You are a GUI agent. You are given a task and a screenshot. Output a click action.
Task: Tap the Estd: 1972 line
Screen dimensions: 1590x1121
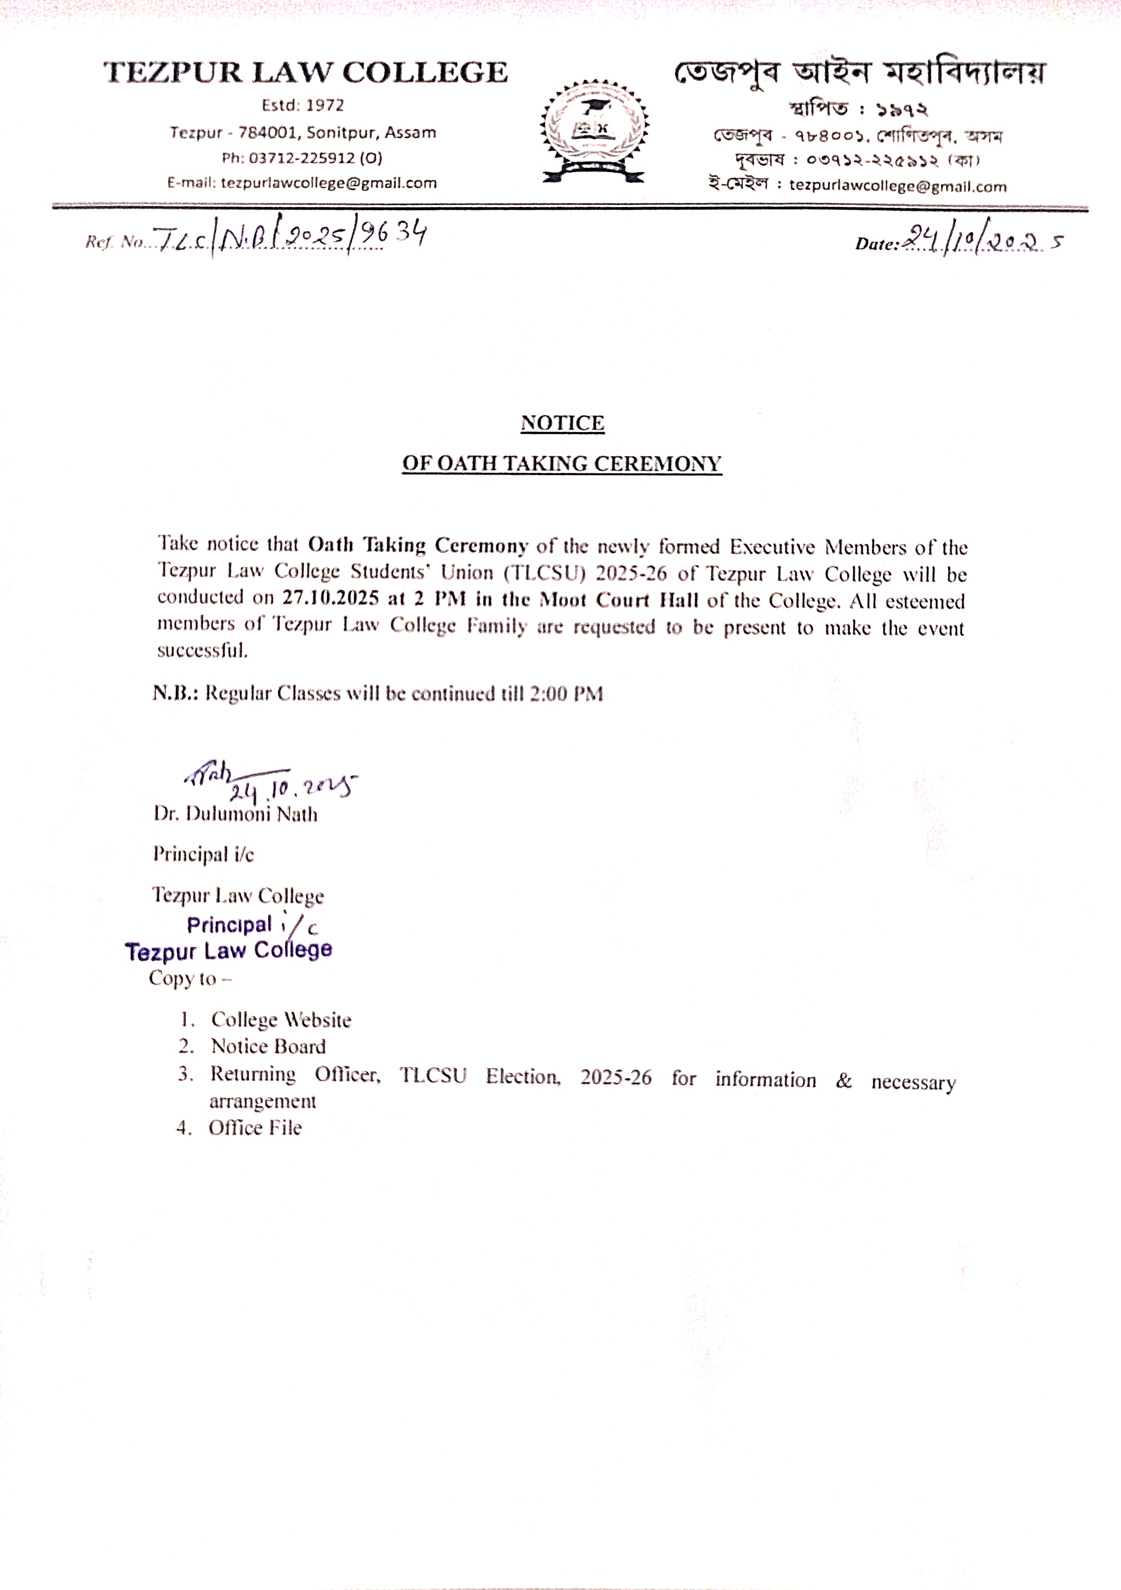click(x=303, y=105)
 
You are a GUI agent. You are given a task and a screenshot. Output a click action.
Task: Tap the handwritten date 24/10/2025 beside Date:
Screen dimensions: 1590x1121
click(x=983, y=241)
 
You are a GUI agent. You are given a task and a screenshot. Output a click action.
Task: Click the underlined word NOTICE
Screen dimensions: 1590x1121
click(x=562, y=423)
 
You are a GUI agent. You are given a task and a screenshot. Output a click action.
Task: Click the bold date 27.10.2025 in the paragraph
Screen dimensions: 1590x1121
click(x=330, y=597)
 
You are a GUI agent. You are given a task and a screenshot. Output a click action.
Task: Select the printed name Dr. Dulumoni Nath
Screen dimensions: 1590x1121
click(x=235, y=814)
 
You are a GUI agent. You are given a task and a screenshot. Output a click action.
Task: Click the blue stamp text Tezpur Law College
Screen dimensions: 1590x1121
click(x=229, y=950)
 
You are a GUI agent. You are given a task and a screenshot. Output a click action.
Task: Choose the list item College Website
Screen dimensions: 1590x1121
click(x=281, y=1020)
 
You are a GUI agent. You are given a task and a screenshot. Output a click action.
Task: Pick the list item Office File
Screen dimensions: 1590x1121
click(x=255, y=1128)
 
